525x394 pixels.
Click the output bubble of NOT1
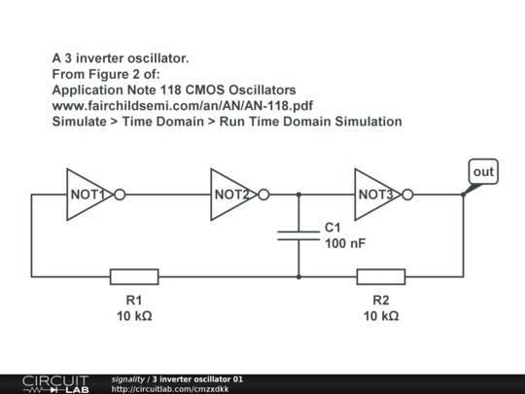(x=120, y=195)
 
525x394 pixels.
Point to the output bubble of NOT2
(x=263, y=195)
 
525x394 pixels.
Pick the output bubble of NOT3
(x=407, y=195)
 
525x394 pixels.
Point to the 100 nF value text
(x=345, y=243)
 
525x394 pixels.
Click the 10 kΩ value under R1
(x=134, y=316)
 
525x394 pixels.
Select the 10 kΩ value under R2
(x=381, y=316)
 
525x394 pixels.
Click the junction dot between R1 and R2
(x=298, y=276)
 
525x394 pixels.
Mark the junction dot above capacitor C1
(x=298, y=195)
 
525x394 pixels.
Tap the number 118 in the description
(x=171, y=90)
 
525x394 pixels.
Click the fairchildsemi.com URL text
(x=183, y=106)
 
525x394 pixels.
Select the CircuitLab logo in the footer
(x=55, y=384)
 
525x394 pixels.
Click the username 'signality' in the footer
(x=128, y=379)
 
